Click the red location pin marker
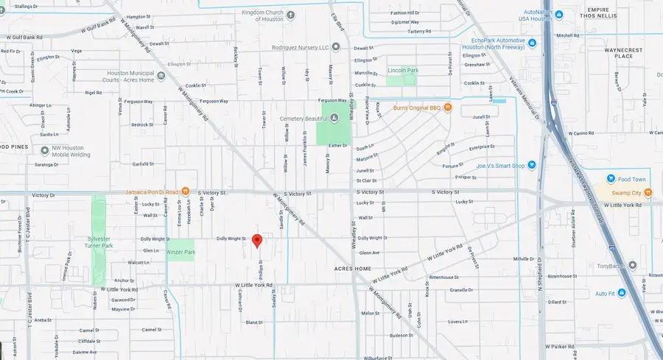click(257, 240)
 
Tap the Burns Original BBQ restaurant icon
click(447, 108)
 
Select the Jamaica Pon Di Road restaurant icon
click(186, 192)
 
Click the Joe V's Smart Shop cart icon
click(532, 166)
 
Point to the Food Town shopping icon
click(610, 178)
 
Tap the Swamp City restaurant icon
click(648, 193)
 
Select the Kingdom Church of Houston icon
click(291, 14)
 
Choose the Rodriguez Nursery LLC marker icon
click(336, 47)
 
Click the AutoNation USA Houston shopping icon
click(559, 14)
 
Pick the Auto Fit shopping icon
click(622, 293)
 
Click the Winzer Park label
click(180, 253)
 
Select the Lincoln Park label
click(403, 71)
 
